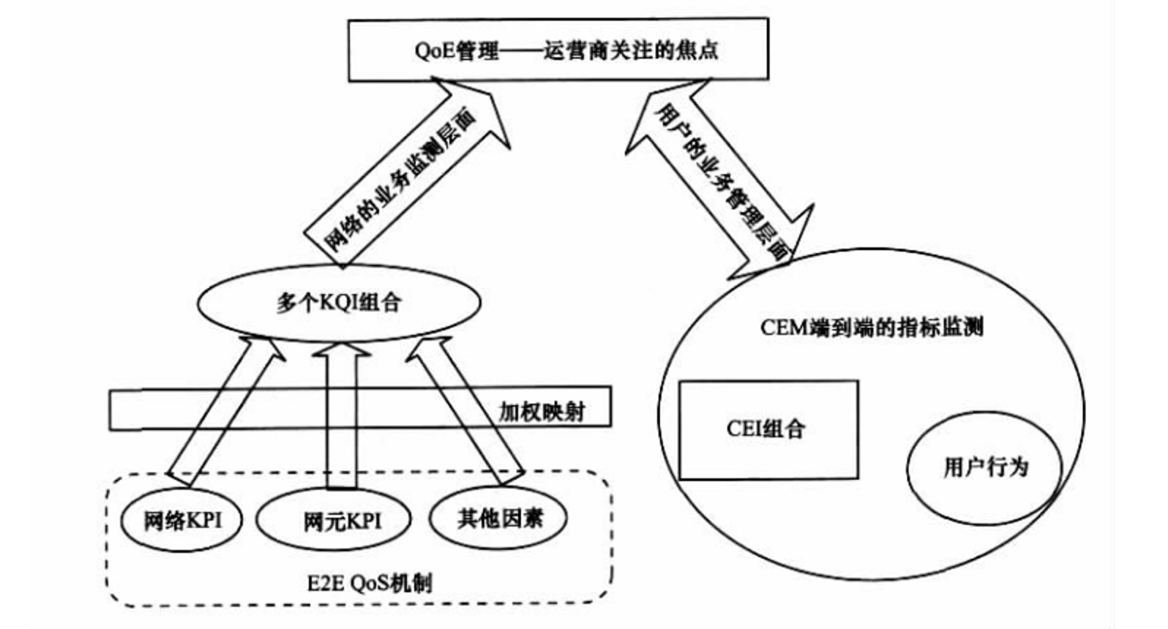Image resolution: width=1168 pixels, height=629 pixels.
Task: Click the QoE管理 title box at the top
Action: (558, 50)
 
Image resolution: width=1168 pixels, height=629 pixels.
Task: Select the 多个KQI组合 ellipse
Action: (339, 302)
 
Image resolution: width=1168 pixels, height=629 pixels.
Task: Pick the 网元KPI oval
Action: (334, 521)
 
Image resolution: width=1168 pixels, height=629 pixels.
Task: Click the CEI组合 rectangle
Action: (768, 429)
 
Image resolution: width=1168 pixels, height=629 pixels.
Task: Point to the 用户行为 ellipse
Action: (984, 467)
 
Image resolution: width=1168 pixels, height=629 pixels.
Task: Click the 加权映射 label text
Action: (542, 412)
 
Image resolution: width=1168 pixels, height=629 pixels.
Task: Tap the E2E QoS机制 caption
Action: (370, 583)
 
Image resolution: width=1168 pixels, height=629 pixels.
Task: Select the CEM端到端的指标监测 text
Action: (871, 327)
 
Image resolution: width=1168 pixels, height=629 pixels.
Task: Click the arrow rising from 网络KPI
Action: (223, 413)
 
